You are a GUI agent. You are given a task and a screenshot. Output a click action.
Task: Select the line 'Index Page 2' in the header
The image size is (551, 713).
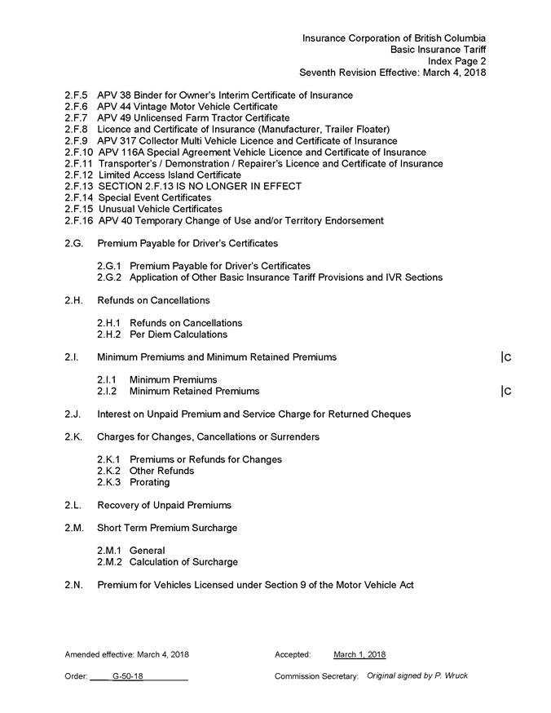pos(457,61)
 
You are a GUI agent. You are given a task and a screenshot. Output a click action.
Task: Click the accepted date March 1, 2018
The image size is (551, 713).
pos(359,654)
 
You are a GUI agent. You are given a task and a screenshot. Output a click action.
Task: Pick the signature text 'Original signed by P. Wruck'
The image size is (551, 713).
pos(417,675)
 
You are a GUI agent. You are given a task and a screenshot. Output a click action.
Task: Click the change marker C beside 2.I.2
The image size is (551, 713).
pos(507,392)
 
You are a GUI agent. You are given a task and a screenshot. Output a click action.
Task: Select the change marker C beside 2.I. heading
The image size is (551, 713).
pos(507,357)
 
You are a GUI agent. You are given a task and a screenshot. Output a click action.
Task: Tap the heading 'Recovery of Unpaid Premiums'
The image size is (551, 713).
pos(164,505)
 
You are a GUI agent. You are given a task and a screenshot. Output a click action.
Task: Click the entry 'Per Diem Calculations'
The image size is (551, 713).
pos(179,334)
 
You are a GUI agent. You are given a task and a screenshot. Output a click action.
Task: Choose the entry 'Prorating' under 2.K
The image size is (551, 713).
pos(150,482)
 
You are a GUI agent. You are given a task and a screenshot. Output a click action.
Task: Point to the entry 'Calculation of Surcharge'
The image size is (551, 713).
pos(183,562)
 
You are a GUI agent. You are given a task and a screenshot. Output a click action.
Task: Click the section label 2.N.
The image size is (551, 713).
pos(74,585)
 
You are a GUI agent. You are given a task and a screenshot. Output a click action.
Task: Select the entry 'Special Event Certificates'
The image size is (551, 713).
pos(154,198)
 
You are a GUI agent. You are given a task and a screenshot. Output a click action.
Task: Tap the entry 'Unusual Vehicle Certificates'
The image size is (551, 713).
pos(160,210)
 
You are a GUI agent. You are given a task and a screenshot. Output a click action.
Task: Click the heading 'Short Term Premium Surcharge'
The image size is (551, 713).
pos(167,528)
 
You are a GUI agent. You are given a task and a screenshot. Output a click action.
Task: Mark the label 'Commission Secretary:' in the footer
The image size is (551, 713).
pos(316,676)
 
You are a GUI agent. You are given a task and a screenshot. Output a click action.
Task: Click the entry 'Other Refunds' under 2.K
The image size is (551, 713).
pos(161,471)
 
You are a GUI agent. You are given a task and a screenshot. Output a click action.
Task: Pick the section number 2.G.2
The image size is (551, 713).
pos(110,277)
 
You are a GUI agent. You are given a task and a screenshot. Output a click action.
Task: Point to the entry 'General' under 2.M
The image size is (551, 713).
pos(147,551)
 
